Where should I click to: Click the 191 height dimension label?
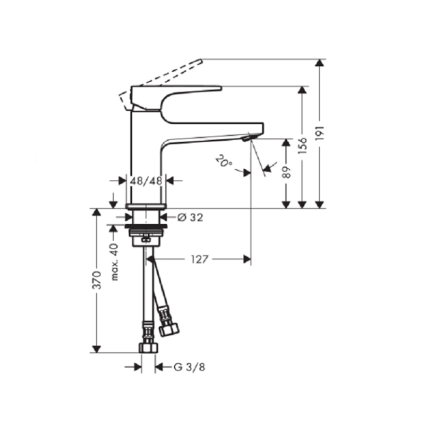pyautogui.click(x=320, y=134)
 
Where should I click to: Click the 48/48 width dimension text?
pyautogui.click(x=146, y=180)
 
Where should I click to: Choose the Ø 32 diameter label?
pyautogui.click(x=191, y=217)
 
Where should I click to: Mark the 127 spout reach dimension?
pyautogui.click(x=201, y=259)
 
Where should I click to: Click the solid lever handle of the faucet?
pyautogui.click(x=175, y=94)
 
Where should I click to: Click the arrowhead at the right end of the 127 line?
pyautogui.click(x=246, y=259)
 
